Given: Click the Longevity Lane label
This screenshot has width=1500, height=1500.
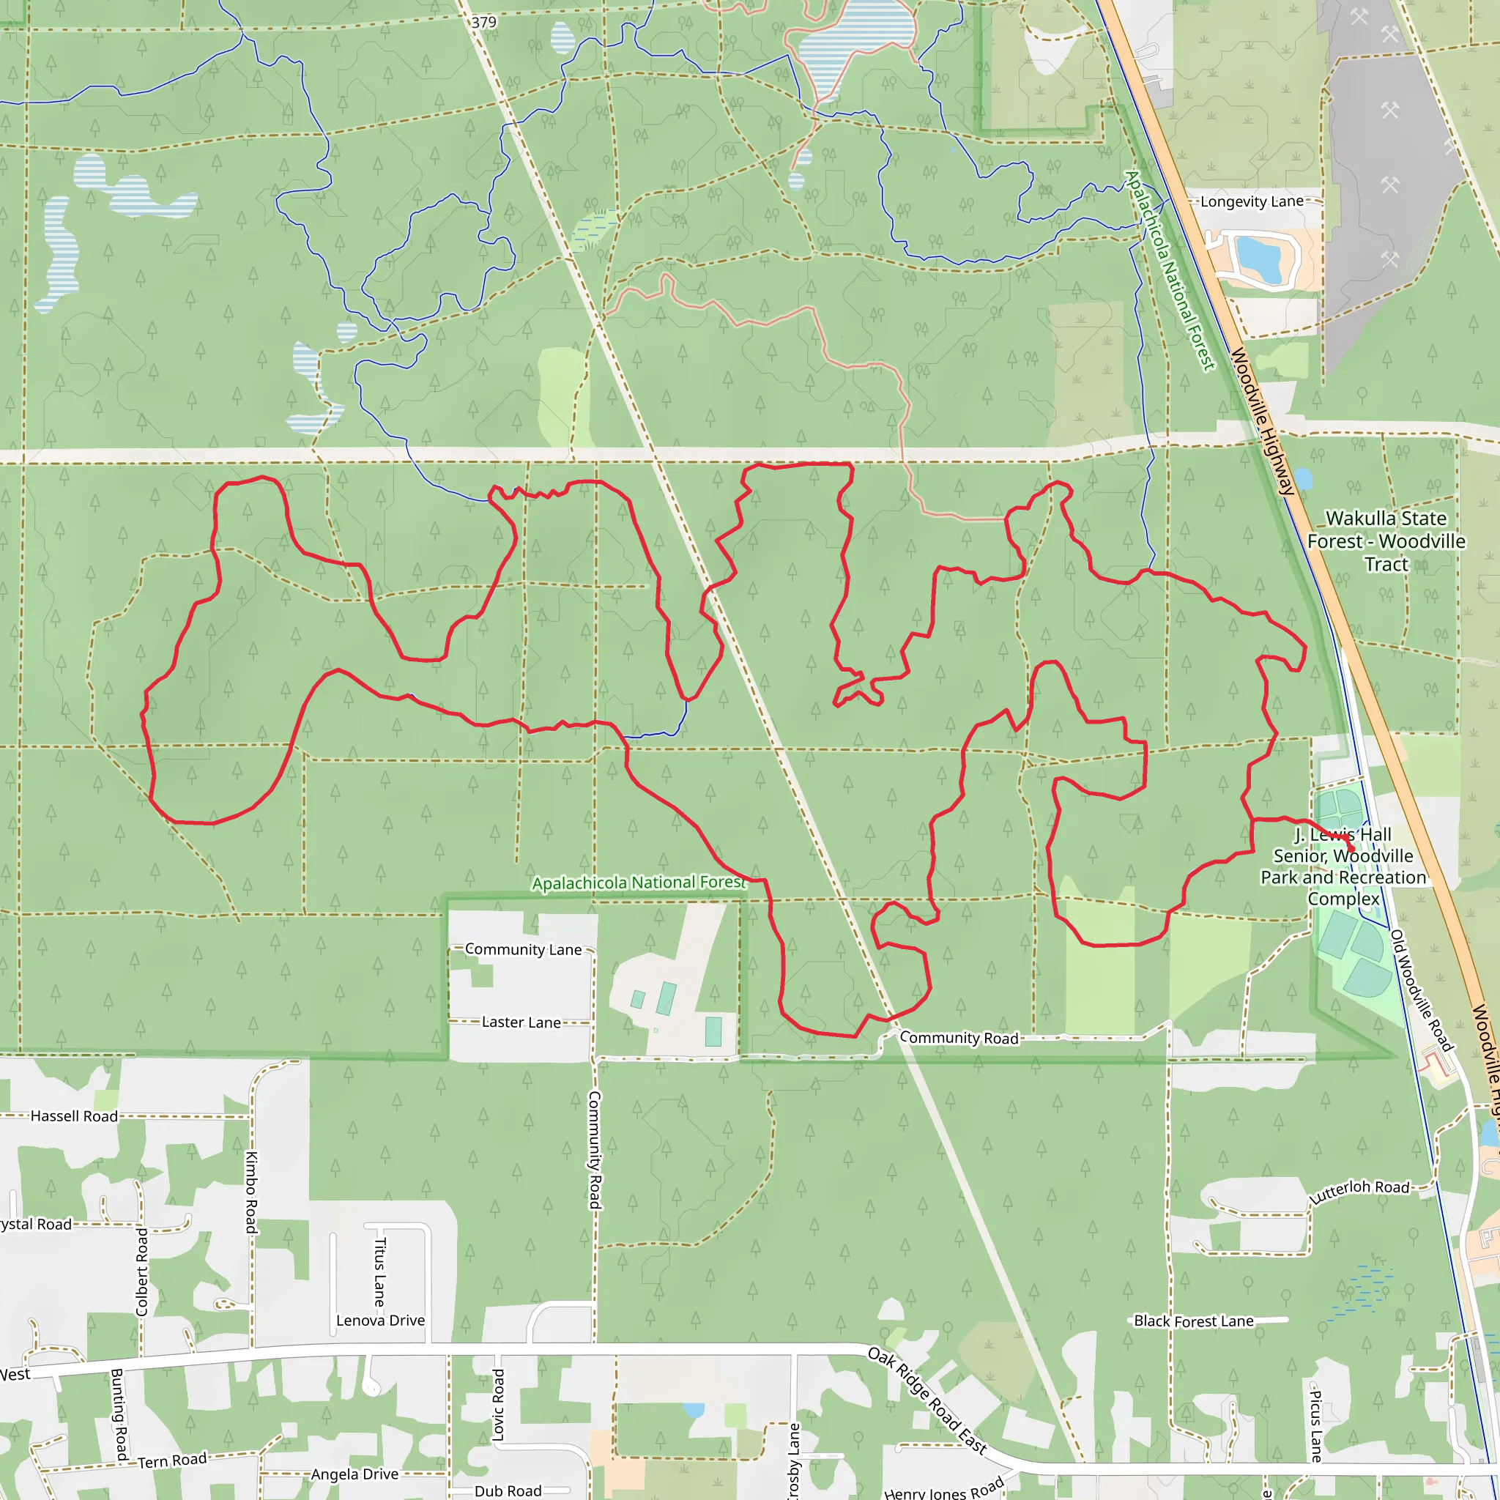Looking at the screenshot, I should pos(1252,202).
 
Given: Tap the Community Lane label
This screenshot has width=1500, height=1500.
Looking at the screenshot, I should pos(523,949).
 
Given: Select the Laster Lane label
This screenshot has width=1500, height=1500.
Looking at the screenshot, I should pos(521,1022).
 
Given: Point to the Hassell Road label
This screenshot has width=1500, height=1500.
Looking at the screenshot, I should pos(74,1116).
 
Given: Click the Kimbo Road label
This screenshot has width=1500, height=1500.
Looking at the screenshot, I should pos(251,1192).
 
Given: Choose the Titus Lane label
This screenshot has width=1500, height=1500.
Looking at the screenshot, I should pos(379,1271).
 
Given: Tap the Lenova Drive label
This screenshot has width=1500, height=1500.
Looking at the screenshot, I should pos(380,1321).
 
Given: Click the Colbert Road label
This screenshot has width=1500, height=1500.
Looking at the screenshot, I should pos(141,1271).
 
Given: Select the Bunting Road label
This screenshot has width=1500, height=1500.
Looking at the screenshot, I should pos(118,1414).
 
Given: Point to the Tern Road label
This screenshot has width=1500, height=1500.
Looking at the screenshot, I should pos(172,1460).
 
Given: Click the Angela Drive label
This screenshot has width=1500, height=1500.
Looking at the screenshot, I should pos(354,1474).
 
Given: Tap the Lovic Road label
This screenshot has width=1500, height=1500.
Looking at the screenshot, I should pos(499,1406).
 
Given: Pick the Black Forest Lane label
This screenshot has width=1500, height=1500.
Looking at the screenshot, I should pos(1193,1321).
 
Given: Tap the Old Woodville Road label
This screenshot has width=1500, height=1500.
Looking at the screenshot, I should pos(1420,991).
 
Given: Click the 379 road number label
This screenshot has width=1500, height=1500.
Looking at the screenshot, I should pos(483,23).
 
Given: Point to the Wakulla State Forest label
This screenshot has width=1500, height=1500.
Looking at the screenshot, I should pos(1386,541).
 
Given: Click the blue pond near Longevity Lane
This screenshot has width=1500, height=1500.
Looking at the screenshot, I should pos(1258,259).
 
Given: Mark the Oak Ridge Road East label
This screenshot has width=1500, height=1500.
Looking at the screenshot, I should pos(927,1400).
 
